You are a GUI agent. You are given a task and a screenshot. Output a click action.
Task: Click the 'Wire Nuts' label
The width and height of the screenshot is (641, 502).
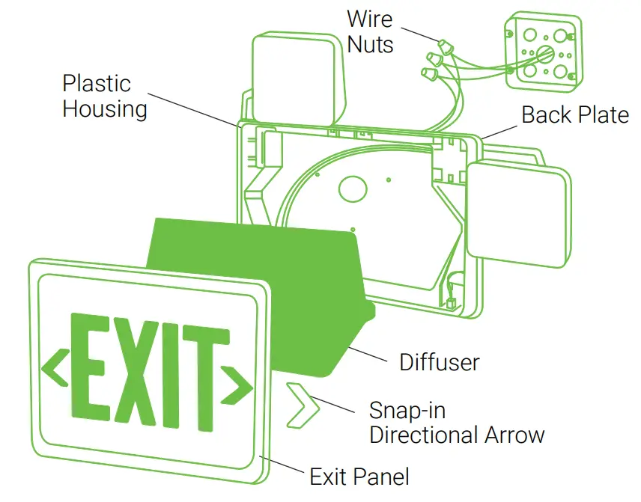pos(370,31)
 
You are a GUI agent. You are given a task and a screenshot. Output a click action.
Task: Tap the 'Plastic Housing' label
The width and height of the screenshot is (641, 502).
pos(104,96)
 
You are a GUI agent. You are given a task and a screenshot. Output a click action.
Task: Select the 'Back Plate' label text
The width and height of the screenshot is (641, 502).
pos(575,114)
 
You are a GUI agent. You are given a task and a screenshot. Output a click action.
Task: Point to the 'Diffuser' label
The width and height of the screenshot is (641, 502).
pos(439,361)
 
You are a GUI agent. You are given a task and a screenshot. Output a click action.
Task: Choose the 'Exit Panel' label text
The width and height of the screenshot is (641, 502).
pos(359,476)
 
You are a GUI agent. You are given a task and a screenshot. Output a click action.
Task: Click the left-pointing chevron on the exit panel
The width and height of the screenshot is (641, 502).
pos(54,366)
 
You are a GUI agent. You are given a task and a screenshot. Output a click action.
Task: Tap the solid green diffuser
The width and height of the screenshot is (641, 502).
pos(255,284)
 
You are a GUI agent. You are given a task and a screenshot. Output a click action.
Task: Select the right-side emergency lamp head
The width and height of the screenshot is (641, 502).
pos(517,215)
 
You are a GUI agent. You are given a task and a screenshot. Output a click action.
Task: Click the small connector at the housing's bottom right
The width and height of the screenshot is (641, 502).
pos(451,302)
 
